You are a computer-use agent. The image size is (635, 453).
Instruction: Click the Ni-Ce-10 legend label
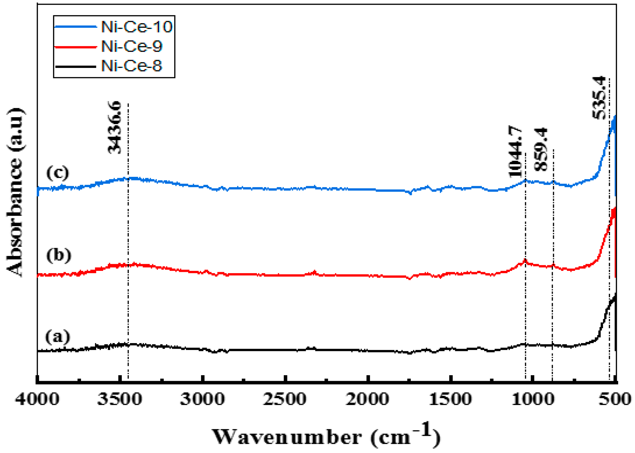(x=136, y=27)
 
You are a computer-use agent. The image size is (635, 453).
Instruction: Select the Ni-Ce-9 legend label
(x=131, y=46)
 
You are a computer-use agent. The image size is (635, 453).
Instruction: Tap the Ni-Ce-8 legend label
(x=131, y=66)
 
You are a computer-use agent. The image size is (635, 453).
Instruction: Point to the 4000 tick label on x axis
(x=37, y=399)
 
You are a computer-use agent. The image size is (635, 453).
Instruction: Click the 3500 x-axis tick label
(x=120, y=399)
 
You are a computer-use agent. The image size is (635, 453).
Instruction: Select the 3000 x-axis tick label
(x=202, y=399)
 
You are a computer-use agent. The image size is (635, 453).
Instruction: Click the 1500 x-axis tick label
(x=450, y=399)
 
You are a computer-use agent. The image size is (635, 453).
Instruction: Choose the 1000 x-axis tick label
(x=533, y=399)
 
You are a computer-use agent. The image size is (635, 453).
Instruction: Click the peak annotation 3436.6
(x=115, y=128)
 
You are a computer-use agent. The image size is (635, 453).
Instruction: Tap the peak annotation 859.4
(x=541, y=149)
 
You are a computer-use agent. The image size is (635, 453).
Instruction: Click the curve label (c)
(x=58, y=173)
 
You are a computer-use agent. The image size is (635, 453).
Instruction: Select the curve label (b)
(x=59, y=255)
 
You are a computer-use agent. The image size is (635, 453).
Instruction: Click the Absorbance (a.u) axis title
(x=15, y=192)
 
